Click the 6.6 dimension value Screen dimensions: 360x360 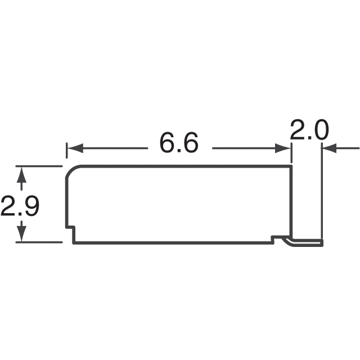click(179, 142)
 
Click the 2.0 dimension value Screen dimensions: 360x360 click(309, 130)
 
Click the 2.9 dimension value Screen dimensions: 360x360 click(20, 206)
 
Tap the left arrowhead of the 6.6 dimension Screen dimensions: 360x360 click(75, 148)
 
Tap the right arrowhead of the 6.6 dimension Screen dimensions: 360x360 click(283, 148)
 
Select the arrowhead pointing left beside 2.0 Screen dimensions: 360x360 click(329, 148)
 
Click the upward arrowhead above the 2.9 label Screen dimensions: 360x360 click(21, 174)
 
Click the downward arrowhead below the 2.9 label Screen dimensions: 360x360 click(21, 234)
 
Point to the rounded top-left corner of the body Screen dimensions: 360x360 click(71, 170)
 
